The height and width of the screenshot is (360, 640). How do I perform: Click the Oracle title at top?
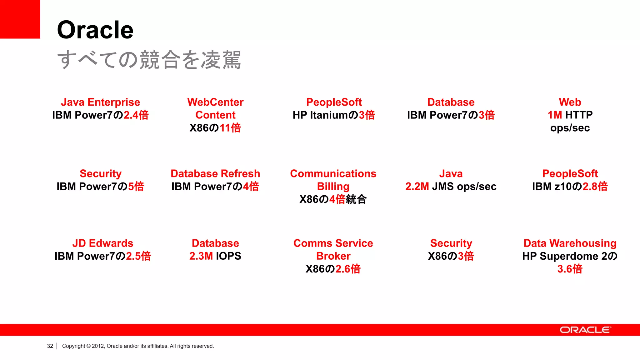pyautogui.click(x=95, y=30)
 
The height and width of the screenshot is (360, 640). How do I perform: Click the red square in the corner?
pyautogui.click(x=20, y=19)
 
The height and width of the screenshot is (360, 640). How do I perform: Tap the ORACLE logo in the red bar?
pyautogui.click(x=585, y=330)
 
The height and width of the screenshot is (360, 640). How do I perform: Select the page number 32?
pyautogui.click(x=50, y=346)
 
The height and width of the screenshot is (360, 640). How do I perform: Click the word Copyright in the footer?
pyautogui.click(x=73, y=346)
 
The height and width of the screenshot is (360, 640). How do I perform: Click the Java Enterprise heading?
pyautogui.click(x=100, y=102)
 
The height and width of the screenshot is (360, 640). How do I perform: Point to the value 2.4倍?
pyautogui.click(x=136, y=115)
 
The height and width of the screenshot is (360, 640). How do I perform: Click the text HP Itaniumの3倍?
pyautogui.click(x=333, y=115)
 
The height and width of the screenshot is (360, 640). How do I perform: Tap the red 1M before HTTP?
pyautogui.click(x=555, y=115)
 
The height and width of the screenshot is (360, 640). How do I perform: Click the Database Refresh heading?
pyautogui.click(x=215, y=173)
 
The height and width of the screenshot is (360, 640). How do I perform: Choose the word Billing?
pyautogui.click(x=333, y=186)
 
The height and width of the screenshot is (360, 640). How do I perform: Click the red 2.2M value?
pyautogui.click(x=417, y=186)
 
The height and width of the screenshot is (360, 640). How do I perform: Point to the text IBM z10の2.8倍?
pyautogui.click(x=570, y=186)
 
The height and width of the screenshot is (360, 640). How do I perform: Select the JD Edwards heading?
pyautogui.click(x=102, y=243)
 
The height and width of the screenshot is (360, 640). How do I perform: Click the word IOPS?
pyautogui.click(x=228, y=256)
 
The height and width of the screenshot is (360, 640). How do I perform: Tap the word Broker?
pyautogui.click(x=333, y=256)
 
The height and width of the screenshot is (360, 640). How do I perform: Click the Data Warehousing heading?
pyautogui.click(x=570, y=243)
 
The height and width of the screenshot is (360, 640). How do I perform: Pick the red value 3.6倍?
pyautogui.click(x=570, y=269)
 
